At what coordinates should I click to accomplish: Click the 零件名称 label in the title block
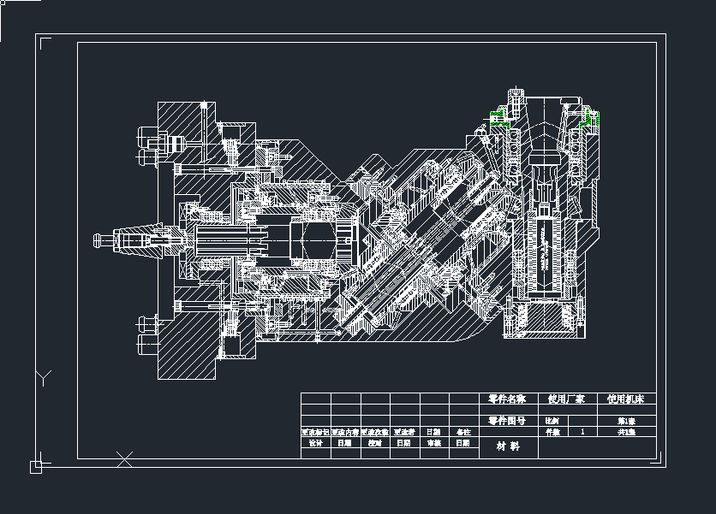505,399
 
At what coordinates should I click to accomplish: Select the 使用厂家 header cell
566,399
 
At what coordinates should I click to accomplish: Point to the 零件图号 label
505,421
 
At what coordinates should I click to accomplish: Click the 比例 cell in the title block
552,421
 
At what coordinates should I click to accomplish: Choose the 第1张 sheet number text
626,421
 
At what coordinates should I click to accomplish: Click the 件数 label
552,432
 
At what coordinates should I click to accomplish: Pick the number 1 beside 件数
583,432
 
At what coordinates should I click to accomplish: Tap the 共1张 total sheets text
626,432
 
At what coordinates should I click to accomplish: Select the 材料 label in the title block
508,446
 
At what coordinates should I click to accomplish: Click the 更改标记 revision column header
315,432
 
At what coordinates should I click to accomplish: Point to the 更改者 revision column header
404,432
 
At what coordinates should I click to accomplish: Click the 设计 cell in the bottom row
315,443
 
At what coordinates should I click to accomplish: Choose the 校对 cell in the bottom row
374,443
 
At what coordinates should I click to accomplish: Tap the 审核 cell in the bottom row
433,443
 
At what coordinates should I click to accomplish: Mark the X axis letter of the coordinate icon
124,459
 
